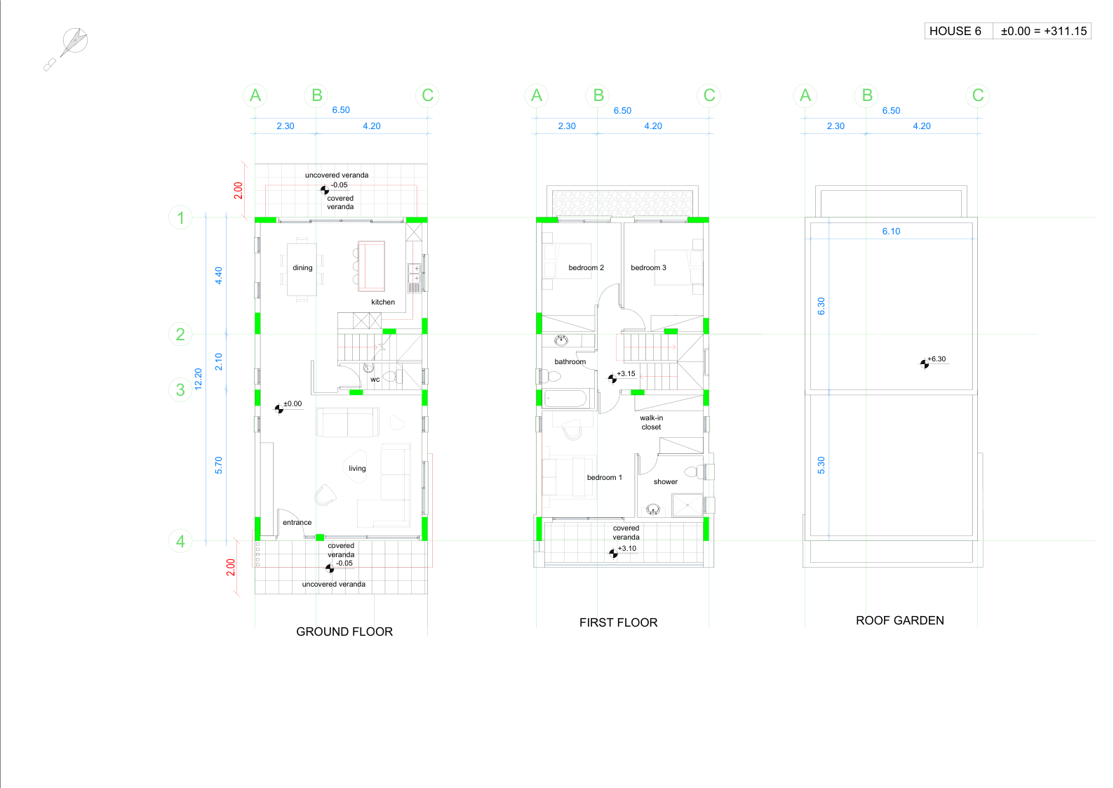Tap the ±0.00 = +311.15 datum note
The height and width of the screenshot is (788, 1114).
(1043, 31)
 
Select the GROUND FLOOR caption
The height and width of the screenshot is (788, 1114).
(344, 632)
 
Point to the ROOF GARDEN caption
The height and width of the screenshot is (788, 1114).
(899, 620)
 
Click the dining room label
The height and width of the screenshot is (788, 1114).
(302, 267)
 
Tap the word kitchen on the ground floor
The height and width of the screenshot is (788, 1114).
(383, 302)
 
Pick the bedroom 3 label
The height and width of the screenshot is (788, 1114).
(648, 267)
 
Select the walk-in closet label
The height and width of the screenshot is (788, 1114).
(652, 422)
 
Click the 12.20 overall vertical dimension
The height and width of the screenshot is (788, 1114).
(199, 379)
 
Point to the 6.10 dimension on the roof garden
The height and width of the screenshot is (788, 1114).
(891, 232)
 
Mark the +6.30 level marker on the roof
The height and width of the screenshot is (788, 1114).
(933, 361)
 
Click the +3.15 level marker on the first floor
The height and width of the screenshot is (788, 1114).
(622, 376)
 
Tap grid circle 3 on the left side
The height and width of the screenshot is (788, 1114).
(180, 389)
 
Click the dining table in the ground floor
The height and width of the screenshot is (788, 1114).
(302, 269)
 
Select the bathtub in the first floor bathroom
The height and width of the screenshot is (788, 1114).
(566, 399)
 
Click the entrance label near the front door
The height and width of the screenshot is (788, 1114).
(297, 522)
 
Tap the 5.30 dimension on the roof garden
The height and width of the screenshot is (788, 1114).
(821, 465)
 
